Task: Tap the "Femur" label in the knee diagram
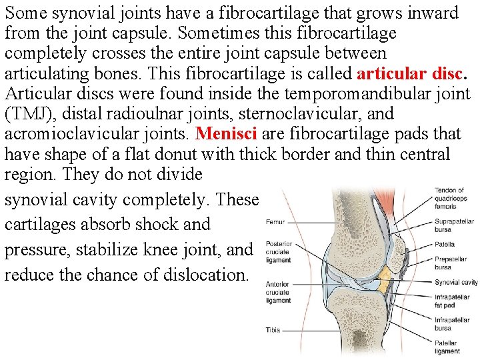pos(276,221)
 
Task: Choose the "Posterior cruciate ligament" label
pos(279,252)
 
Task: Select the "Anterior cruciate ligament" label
pos(278,292)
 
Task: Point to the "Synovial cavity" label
pos(456,282)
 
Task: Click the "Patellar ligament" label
pos(447,347)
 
